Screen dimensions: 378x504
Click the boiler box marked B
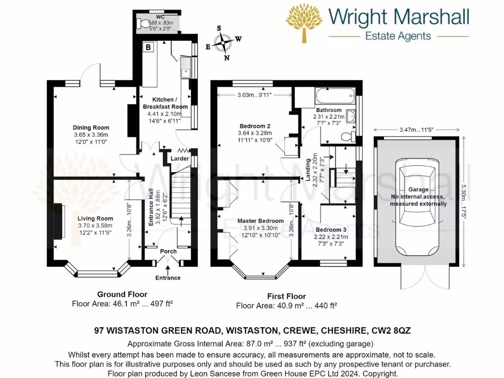148,48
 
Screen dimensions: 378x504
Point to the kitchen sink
186,68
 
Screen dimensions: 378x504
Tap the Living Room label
95,219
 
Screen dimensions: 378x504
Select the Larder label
180,159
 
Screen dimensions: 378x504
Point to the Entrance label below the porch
168,278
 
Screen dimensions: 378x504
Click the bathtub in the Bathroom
335,94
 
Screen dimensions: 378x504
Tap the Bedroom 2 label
252,126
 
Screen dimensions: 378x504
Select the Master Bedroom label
260,221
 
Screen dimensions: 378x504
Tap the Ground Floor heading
115,294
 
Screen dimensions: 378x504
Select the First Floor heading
286,296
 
